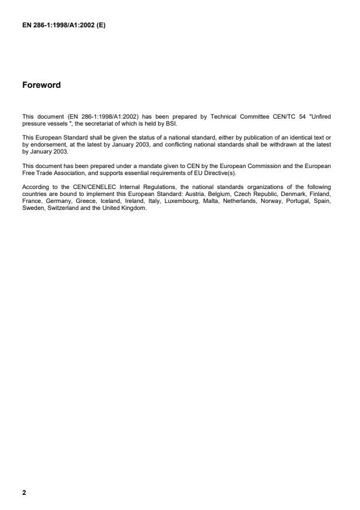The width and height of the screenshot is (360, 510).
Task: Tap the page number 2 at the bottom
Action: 24,493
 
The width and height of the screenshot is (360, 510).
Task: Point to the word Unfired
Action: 319,117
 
